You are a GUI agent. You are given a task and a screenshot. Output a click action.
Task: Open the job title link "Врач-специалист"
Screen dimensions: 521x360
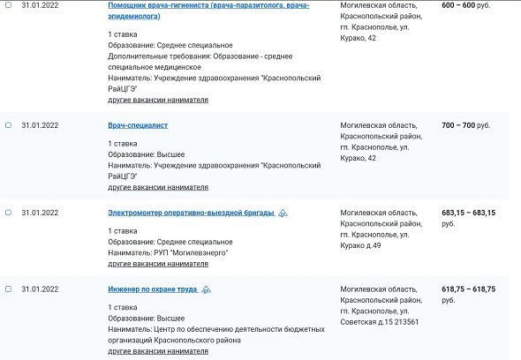point(138,126)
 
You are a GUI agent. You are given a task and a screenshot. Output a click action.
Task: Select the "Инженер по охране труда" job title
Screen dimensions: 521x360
point(152,289)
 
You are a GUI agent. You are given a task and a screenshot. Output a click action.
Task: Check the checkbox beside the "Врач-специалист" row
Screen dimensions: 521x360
point(8,126)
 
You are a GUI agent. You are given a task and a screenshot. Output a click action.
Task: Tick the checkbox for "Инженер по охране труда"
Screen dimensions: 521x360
point(8,289)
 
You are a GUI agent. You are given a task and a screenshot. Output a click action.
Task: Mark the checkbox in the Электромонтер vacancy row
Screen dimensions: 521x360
point(8,213)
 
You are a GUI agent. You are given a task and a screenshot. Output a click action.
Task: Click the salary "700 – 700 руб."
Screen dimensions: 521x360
point(465,126)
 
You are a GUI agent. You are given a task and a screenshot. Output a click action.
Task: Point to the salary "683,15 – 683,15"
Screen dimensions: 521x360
point(468,213)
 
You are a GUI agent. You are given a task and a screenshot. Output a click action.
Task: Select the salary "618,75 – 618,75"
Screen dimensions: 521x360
point(468,289)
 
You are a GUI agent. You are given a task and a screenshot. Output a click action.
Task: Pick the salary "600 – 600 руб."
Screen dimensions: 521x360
point(465,4)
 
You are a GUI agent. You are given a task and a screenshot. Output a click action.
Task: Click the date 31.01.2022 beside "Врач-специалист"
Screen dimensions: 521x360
point(40,126)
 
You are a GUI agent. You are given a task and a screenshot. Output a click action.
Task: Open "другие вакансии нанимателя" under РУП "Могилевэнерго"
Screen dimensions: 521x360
point(158,263)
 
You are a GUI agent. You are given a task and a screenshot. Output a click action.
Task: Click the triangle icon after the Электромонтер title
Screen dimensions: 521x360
point(282,213)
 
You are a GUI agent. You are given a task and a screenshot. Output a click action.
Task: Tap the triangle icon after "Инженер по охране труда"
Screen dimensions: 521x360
point(206,289)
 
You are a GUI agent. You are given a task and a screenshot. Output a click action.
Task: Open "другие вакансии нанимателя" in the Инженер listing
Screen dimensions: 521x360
point(158,350)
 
